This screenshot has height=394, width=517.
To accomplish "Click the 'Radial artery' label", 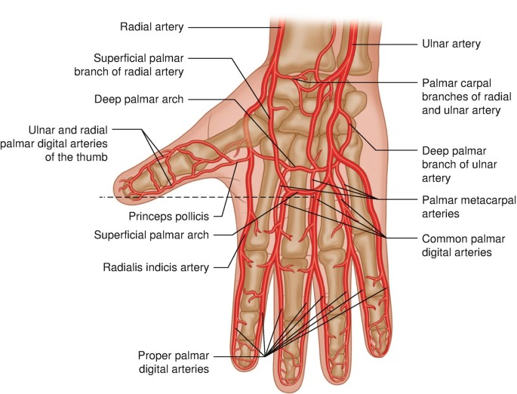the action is [151, 27].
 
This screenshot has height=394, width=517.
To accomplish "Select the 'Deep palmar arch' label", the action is [140, 99].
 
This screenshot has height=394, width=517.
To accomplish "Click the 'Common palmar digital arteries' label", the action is [457, 246].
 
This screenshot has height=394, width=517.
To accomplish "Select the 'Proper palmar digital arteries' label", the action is [173, 362].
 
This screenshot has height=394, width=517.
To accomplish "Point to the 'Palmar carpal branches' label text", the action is [460, 96].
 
